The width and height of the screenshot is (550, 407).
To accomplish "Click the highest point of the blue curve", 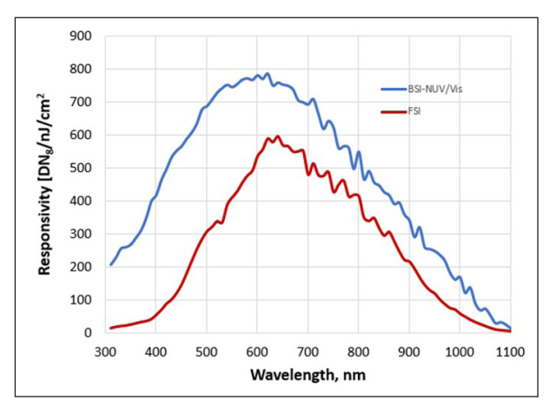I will coord(268,74).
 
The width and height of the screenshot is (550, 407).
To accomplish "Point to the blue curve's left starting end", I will coord(110,264).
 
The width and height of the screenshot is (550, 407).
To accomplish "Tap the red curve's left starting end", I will coord(110,328).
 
